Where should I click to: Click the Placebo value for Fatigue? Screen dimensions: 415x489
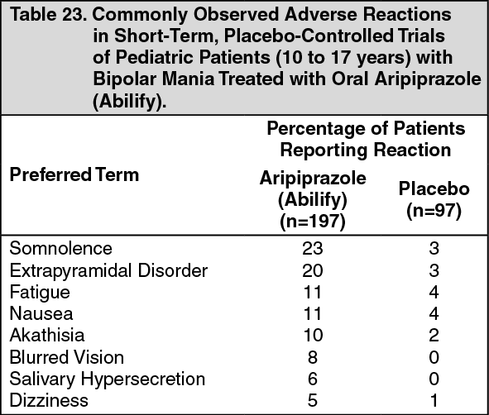click(x=434, y=292)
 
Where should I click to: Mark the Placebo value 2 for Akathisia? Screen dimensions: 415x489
click(x=434, y=336)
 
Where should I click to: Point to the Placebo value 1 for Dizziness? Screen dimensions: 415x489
click(x=434, y=401)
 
